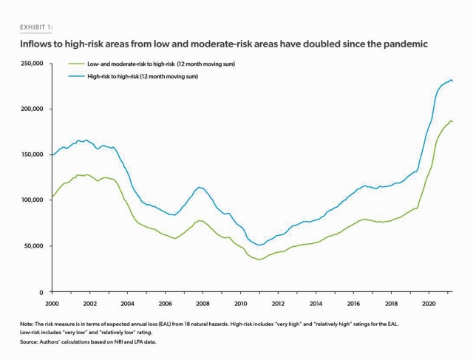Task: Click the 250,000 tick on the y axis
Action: tap(32, 64)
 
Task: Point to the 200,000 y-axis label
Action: tap(32, 109)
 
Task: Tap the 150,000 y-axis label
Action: tap(32, 155)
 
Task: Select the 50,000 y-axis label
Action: tap(33, 246)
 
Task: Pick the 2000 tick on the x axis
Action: tap(52, 303)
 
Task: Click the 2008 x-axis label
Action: tap(203, 303)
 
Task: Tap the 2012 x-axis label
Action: tap(279, 303)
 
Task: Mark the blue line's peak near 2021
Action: tap(450, 79)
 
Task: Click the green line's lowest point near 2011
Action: tap(259, 260)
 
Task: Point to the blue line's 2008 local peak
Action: tap(199, 188)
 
